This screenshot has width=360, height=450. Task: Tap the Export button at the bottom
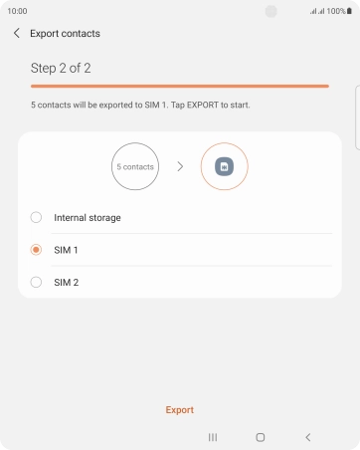(180, 410)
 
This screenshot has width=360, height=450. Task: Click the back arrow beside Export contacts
(17, 33)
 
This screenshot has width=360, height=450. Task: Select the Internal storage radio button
(36, 217)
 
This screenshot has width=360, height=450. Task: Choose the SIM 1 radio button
(36, 250)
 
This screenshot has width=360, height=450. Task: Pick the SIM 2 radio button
(36, 282)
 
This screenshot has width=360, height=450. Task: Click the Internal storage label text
(88, 218)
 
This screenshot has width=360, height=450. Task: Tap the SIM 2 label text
(67, 283)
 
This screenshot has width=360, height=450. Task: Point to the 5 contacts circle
(135, 166)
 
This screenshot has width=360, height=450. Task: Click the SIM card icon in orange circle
(225, 166)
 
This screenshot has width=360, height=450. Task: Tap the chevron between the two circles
(180, 166)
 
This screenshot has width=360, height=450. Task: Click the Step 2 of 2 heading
(61, 68)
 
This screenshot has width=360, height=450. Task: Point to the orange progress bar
(180, 87)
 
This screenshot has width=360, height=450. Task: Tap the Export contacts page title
(65, 34)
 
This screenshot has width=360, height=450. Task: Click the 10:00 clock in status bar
(17, 11)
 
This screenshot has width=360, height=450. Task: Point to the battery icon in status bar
(349, 11)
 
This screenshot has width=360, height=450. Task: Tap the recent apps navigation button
(213, 437)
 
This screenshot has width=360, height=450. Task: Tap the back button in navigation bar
(308, 437)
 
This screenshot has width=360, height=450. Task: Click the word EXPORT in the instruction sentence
(203, 106)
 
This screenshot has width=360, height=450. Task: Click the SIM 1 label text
(66, 250)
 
